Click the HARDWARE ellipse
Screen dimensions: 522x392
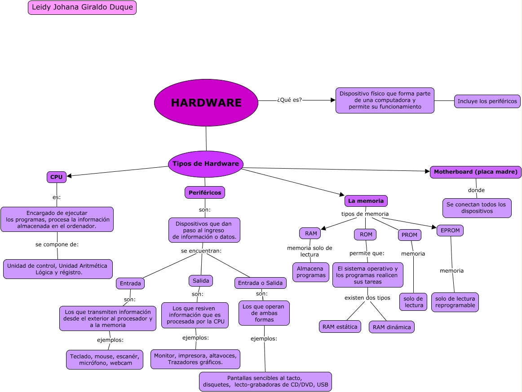point(206,103)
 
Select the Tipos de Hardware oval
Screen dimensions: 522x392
point(206,164)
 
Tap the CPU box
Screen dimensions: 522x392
point(57,177)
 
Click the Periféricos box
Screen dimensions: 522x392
point(205,192)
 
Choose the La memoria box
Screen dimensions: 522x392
point(366,201)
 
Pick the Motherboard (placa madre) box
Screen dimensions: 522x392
point(475,172)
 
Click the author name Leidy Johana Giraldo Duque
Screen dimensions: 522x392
point(82,7)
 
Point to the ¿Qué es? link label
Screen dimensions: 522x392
point(289,100)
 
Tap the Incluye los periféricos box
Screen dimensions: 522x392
point(487,101)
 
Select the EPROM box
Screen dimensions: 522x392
point(450,231)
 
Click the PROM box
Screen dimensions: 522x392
point(410,235)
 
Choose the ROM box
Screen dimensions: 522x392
point(366,235)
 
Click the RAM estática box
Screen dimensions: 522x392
point(340,327)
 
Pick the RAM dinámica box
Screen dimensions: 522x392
point(392,327)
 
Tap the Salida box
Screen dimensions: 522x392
point(201,281)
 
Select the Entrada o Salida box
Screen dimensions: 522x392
point(261,283)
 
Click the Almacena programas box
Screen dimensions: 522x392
point(311,272)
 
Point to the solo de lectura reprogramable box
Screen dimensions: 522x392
point(455,302)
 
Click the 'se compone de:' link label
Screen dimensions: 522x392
point(57,244)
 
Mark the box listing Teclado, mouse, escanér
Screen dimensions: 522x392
point(105,360)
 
